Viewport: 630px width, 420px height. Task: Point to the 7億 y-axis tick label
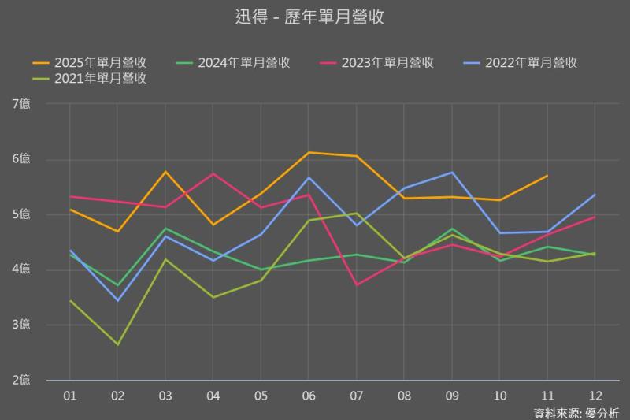[21, 104]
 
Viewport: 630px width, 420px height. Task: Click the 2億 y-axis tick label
[21, 381]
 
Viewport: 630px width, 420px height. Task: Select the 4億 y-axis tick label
[21, 270]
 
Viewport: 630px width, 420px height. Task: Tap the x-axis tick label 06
[309, 394]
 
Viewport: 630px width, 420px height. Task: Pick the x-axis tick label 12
[595, 394]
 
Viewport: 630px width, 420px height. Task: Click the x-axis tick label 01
[69, 394]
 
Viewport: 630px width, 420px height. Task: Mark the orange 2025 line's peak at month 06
[309, 152]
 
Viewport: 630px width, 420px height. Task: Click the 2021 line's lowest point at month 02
[117, 344]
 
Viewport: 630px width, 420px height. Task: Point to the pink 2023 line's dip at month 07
[357, 284]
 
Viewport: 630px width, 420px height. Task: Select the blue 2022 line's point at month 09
[452, 172]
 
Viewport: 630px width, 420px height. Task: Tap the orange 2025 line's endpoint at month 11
[547, 175]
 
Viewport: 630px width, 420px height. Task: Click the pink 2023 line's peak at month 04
[213, 173]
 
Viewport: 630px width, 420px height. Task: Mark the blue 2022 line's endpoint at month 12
[595, 195]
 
